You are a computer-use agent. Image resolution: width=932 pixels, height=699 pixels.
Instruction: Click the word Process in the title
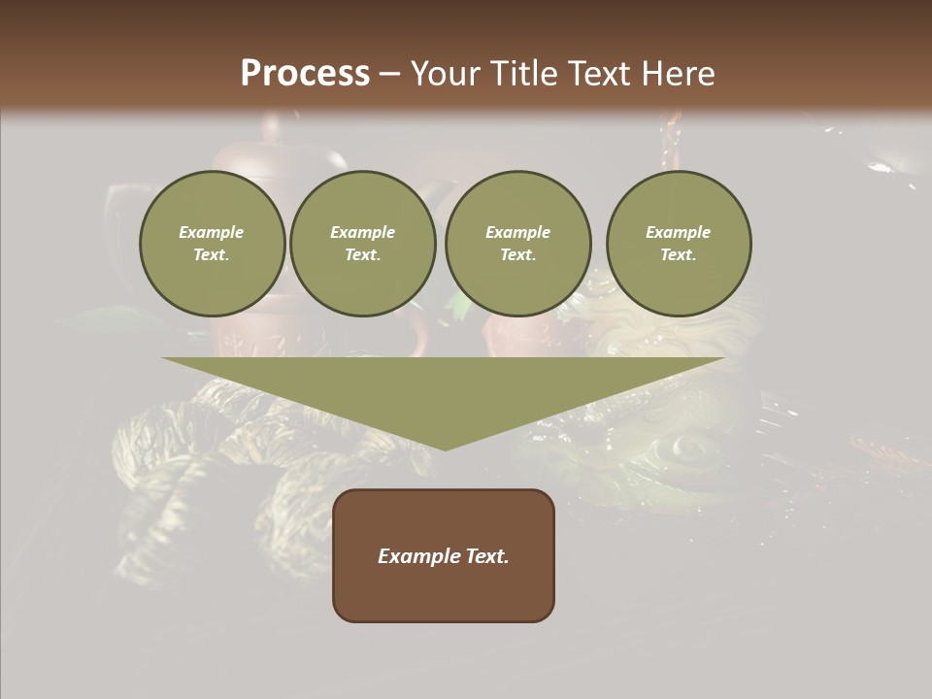(305, 74)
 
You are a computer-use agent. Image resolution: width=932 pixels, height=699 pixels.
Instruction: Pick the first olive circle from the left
(212, 244)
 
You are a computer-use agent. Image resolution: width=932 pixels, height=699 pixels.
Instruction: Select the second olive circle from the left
(362, 244)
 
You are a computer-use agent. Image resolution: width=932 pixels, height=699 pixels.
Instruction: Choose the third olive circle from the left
(517, 244)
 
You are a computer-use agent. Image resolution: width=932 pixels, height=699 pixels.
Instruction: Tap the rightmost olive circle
(678, 244)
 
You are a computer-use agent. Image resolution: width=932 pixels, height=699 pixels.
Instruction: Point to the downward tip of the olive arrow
(444, 449)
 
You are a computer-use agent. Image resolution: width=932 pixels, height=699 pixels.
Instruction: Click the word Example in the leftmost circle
(212, 232)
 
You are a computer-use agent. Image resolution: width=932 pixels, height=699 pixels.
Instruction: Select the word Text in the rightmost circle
(678, 255)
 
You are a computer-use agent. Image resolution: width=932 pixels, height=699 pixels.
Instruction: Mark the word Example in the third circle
(517, 232)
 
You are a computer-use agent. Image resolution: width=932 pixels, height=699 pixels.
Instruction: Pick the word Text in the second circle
(362, 255)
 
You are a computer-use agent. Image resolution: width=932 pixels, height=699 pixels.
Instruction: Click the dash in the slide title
(390, 74)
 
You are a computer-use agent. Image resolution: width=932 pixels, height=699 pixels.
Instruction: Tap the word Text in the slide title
(597, 74)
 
